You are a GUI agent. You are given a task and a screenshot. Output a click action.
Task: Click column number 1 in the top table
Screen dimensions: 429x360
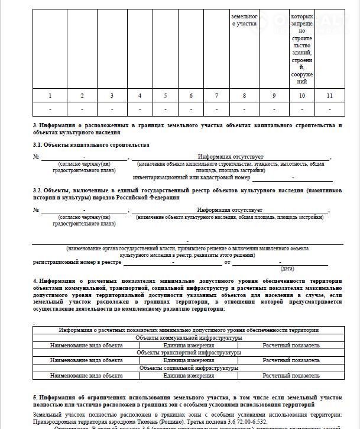point(50,96)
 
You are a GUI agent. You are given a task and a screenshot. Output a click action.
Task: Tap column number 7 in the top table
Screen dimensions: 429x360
point(216,96)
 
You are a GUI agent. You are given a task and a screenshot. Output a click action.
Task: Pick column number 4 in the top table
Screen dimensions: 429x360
point(140,96)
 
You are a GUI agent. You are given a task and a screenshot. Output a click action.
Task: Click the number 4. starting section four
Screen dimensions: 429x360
point(35,280)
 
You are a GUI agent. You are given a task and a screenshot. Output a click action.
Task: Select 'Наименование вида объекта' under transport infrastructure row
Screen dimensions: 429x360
point(86,360)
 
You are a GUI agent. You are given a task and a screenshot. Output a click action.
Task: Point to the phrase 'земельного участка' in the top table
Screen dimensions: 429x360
point(244,21)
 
